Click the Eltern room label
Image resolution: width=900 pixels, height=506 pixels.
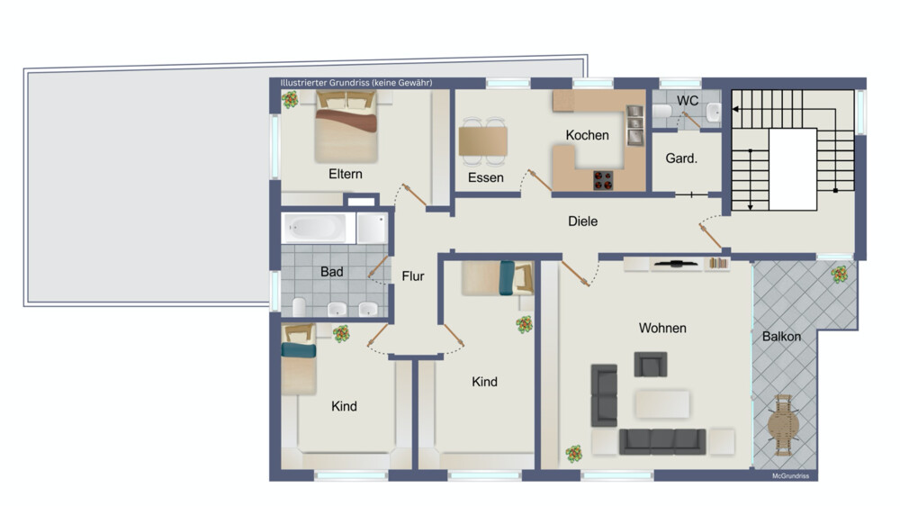point(345,174)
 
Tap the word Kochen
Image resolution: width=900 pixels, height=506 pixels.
point(587,135)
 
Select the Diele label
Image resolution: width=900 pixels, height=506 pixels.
point(582,221)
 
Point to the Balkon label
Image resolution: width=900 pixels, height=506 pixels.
point(781,337)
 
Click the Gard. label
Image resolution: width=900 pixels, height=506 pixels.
point(681,158)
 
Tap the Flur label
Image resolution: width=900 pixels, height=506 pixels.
point(413,276)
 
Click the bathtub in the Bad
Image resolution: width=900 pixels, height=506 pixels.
point(314,228)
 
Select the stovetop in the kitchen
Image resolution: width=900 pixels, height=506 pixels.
point(603,180)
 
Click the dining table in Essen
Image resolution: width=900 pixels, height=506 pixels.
point(482,142)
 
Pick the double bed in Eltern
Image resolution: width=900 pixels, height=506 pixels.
point(346,127)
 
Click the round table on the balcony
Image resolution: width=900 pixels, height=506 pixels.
point(784,425)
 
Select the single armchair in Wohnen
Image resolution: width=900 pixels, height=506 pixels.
point(651,364)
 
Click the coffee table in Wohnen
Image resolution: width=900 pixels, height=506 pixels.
point(661,403)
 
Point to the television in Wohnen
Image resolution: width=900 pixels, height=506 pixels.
point(676,264)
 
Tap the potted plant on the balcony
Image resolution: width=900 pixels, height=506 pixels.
point(839,274)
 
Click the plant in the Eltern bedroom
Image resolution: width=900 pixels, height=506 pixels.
point(290,99)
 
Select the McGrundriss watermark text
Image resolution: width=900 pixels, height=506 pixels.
point(790,476)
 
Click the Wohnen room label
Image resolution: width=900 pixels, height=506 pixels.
point(662,328)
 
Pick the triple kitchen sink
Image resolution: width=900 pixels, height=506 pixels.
point(634,125)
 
